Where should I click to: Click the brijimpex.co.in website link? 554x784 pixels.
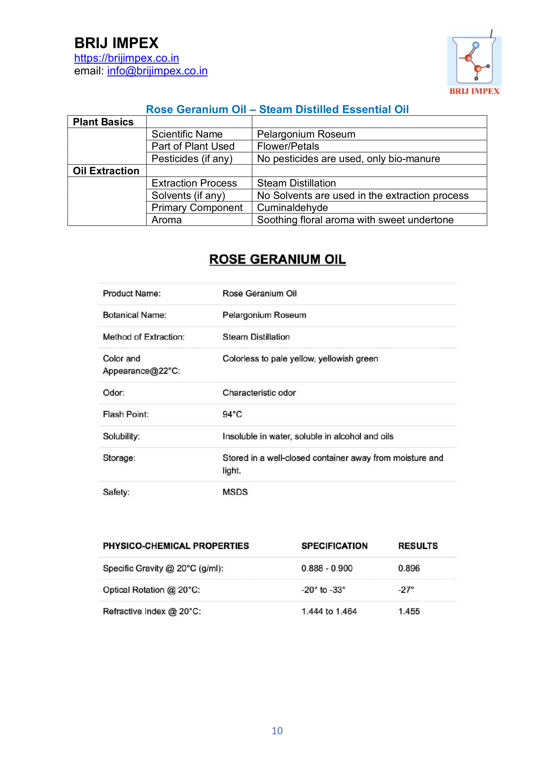127,58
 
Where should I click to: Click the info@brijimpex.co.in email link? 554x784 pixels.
157,71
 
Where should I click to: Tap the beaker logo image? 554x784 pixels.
474,61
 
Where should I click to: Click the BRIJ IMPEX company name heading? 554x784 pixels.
116,43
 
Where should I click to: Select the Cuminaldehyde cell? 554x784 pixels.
292,207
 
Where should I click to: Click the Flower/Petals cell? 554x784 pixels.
288,146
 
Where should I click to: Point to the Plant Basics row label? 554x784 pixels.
103,122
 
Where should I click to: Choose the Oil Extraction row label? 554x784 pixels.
106,171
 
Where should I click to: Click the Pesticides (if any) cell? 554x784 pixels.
192,159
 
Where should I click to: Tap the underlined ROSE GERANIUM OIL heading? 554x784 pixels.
277,259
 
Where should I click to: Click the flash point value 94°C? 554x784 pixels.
232,414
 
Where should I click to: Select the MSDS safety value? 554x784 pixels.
235,492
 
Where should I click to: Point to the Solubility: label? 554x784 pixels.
121,436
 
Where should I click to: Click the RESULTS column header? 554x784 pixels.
418,546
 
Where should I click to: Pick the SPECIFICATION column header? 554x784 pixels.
334,546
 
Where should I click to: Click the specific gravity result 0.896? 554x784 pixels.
409,568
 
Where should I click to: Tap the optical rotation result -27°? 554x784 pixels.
406,590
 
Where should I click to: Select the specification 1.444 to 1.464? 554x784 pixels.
329,611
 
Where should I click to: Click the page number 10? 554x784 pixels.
277,731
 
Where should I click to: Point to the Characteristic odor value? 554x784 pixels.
259,393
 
